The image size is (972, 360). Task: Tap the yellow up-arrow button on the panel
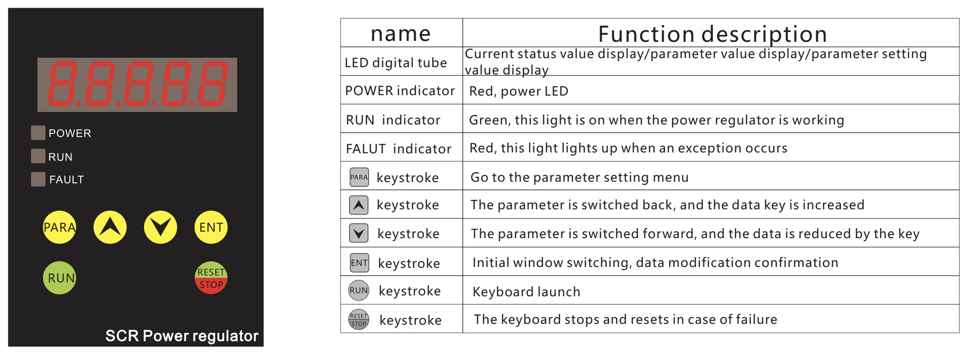pyautogui.click(x=110, y=227)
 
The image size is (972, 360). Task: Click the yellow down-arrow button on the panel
pyautogui.click(x=161, y=227)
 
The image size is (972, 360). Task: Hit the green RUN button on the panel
pyautogui.click(x=59, y=278)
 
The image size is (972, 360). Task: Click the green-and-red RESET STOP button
pyautogui.click(x=211, y=278)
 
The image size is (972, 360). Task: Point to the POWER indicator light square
pyautogui.click(x=38, y=133)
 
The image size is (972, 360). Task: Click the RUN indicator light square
pyautogui.click(x=38, y=156)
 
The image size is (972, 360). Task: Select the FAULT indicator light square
pyautogui.click(x=38, y=179)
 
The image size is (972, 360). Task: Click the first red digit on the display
pyautogui.click(x=63, y=84)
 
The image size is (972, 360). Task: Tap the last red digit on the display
pyautogui.click(x=214, y=84)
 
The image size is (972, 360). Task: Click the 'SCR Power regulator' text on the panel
pyautogui.click(x=182, y=336)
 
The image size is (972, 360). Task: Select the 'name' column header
pyautogui.click(x=401, y=34)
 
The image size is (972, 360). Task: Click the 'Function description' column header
pyautogui.click(x=712, y=34)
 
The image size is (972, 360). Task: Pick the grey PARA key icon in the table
pyautogui.click(x=359, y=177)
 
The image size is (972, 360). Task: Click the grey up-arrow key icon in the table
pyautogui.click(x=359, y=205)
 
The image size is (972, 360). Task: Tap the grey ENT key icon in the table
pyautogui.click(x=359, y=263)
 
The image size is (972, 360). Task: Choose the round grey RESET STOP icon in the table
pyautogui.click(x=359, y=320)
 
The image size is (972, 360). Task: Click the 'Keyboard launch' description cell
pyautogui.click(x=526, y=292)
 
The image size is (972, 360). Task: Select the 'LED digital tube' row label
pyautogui.click(x=396, y=63)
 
